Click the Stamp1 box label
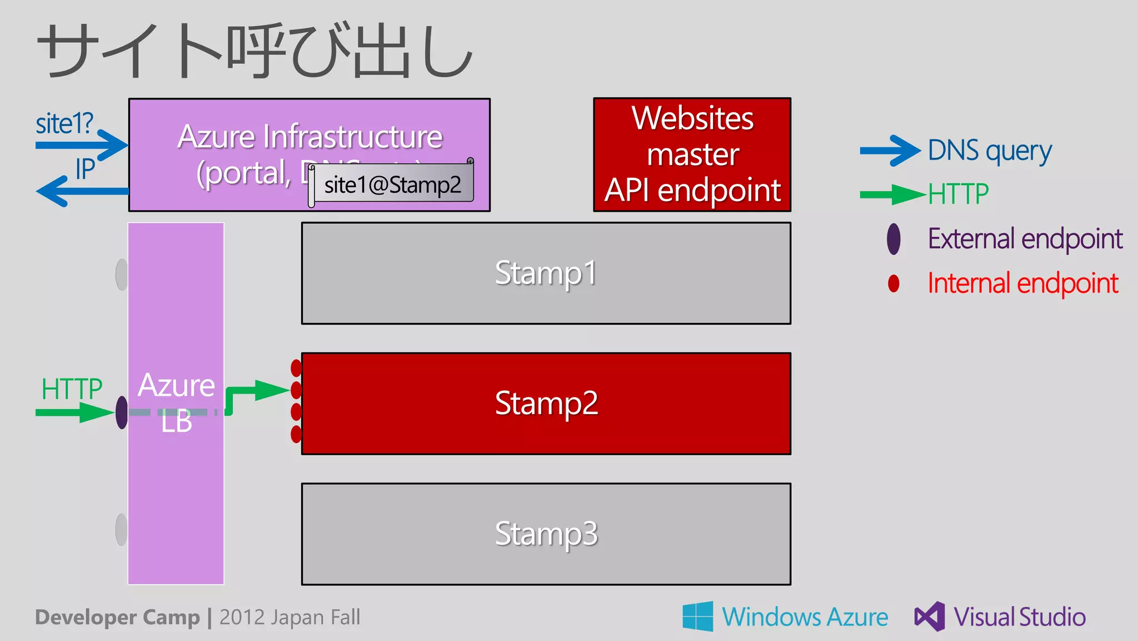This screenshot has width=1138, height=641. click(546, 273)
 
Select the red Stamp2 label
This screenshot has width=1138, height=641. click(546, 403)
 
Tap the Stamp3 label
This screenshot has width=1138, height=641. click(546, 534)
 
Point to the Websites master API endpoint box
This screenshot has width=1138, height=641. click(692, 155)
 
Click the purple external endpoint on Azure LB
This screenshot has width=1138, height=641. click(122, 413)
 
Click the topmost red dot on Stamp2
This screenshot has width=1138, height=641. click(296, 368)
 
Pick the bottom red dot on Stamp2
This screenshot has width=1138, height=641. click(296, 434)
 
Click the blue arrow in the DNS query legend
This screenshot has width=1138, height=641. click(889, 151)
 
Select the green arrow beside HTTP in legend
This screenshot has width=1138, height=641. click(891, 195)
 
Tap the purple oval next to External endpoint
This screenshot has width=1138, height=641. click(894, 239)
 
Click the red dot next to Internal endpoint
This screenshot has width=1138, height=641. click(894, 284)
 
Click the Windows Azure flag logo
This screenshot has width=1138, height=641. click(698, 616)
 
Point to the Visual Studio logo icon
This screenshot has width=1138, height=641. click(930, 616)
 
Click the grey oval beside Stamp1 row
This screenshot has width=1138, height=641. click(122, 274)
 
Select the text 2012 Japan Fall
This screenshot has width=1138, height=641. click(290, 617)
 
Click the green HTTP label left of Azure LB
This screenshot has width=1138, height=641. click(72, 389)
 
